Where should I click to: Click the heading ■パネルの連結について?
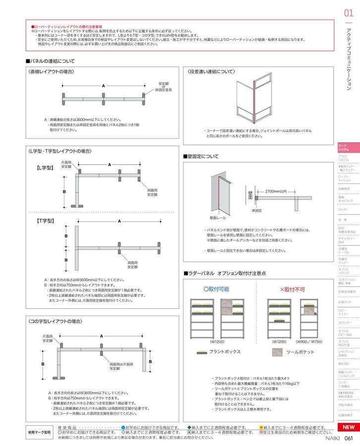(50, 61)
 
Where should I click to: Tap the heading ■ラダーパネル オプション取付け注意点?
(225, 273)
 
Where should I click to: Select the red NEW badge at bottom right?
(348, 427)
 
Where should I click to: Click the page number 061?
(348, 438)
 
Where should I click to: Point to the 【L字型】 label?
(45, 168)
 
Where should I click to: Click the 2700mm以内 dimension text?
(276, 191)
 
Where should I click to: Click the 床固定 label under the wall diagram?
(257, 210)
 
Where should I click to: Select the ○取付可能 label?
(216, 288)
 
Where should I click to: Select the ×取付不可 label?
(292, 288)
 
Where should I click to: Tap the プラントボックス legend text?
(225, 352)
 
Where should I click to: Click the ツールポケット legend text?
(300, 352)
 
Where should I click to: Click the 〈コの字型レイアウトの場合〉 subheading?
(55, 322)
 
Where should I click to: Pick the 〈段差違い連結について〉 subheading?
(211, 72)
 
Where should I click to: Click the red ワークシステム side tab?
(345, 147)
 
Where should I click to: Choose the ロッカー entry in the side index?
(344, 210)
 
